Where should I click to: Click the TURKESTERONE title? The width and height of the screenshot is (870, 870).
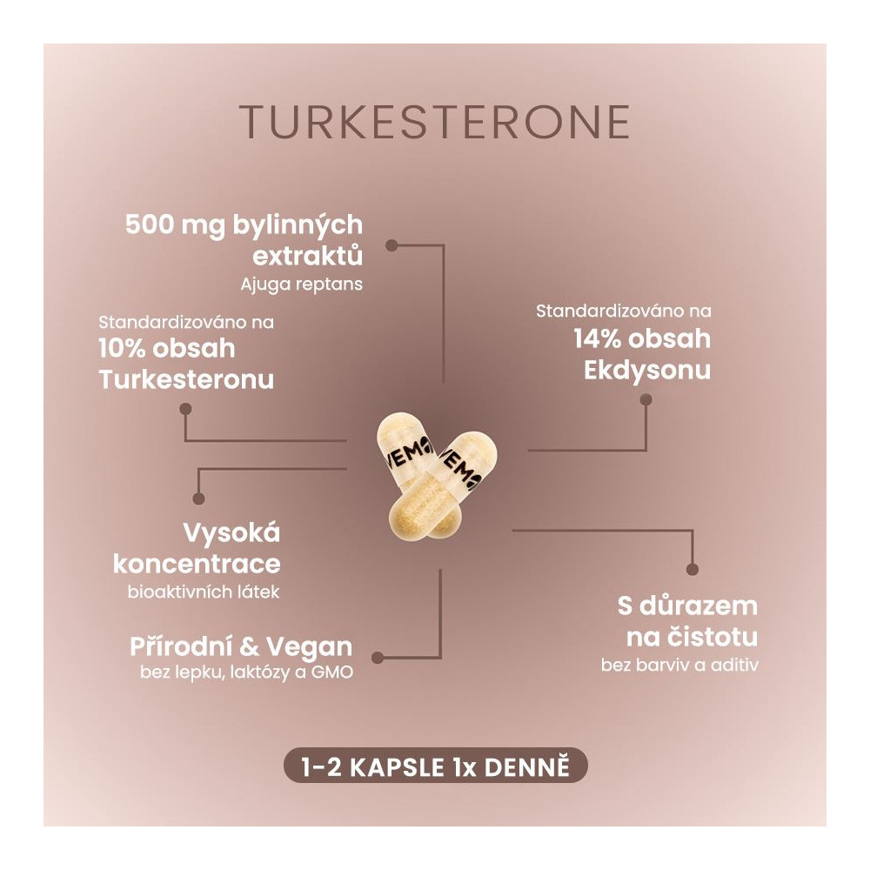coord(435,122)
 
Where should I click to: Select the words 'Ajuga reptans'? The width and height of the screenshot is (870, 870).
coord(301,284)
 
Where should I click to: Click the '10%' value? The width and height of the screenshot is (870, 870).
coord(122,349)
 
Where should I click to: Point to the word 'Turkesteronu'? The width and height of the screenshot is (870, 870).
coord(186,379)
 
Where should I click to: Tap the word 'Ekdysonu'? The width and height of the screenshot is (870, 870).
coord(647,371)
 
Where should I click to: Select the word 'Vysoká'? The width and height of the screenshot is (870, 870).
coord(232,533)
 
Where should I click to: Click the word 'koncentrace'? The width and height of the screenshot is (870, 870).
coord(197,565)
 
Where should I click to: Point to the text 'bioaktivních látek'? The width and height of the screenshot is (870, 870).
coord(204,592)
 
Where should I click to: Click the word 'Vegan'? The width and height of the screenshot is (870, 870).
coord(310,647)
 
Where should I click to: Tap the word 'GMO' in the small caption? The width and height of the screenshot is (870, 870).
coord(332,673)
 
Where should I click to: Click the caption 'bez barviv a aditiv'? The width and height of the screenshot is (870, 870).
coord(679,665)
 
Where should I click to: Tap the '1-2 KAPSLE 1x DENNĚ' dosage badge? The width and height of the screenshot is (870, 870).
coord(436,767)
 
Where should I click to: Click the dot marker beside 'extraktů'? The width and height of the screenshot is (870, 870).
coord(391,244)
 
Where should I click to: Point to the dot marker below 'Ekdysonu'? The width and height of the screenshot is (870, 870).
coord(646,399)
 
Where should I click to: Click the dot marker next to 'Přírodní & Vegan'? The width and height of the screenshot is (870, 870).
coord(378,658)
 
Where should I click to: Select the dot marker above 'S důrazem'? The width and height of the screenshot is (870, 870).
coord(692,569)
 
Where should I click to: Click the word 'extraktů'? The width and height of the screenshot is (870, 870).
coord(308,256)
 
